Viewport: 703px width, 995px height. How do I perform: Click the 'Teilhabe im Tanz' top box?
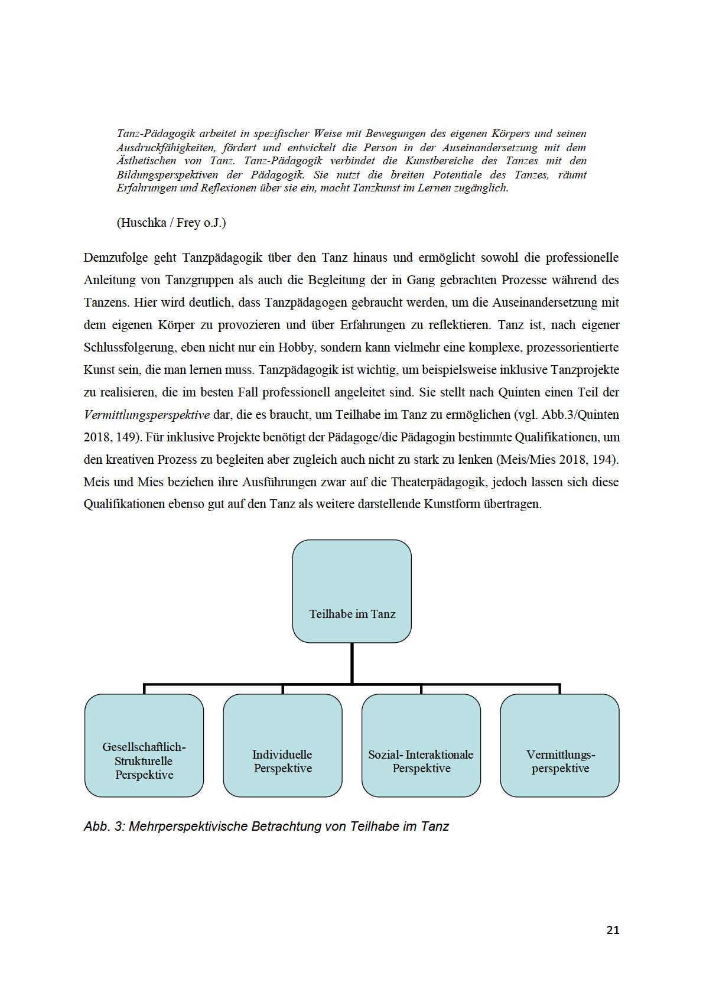pos(351,591)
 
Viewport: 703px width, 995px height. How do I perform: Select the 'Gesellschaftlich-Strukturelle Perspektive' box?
pos(144,746)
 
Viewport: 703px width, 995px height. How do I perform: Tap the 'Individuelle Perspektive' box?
pos(282,746)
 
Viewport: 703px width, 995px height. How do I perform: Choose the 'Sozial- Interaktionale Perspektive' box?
pos(421,746)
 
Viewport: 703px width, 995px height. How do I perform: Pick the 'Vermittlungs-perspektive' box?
pos(559,746)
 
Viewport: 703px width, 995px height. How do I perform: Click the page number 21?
pos(613,930)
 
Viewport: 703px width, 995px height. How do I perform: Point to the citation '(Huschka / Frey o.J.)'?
pos(171,223)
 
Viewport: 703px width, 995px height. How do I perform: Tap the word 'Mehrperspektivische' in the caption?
pos(188,826)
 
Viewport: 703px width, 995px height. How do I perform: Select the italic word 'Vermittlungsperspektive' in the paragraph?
pos(147,415)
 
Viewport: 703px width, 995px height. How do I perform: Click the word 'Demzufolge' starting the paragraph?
pos(116,258)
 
